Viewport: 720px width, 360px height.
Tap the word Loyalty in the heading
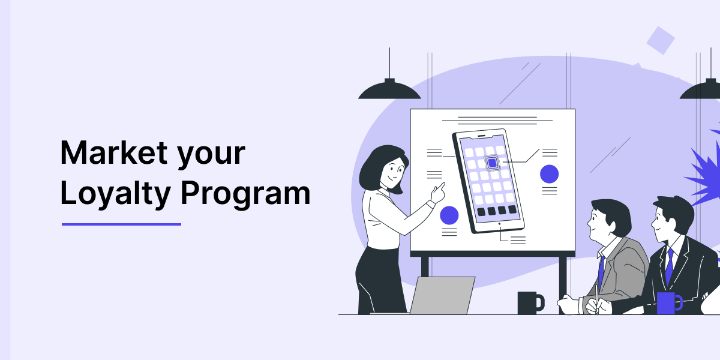point(115,194)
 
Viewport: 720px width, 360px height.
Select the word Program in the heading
point(245,194)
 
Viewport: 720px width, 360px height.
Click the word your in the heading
point(211,156)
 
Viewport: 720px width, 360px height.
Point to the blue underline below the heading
point(121,224)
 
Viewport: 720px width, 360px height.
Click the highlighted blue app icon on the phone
point(492,163)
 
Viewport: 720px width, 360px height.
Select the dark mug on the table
point(530,303)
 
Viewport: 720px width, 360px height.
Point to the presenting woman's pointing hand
point(439,193)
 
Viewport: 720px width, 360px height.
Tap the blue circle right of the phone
point(550,174)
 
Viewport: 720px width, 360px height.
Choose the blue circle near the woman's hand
point(449,215)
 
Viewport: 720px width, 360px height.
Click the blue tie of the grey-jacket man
point(601,273)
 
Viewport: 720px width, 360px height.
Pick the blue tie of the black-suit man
point(669,266)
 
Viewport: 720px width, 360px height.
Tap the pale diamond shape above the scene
point(661,41)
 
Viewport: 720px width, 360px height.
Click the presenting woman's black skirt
point(379,280)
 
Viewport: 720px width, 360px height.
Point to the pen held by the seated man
point(597,299)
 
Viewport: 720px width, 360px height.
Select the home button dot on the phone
point(499,223)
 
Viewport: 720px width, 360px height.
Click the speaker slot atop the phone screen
point(481,136)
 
